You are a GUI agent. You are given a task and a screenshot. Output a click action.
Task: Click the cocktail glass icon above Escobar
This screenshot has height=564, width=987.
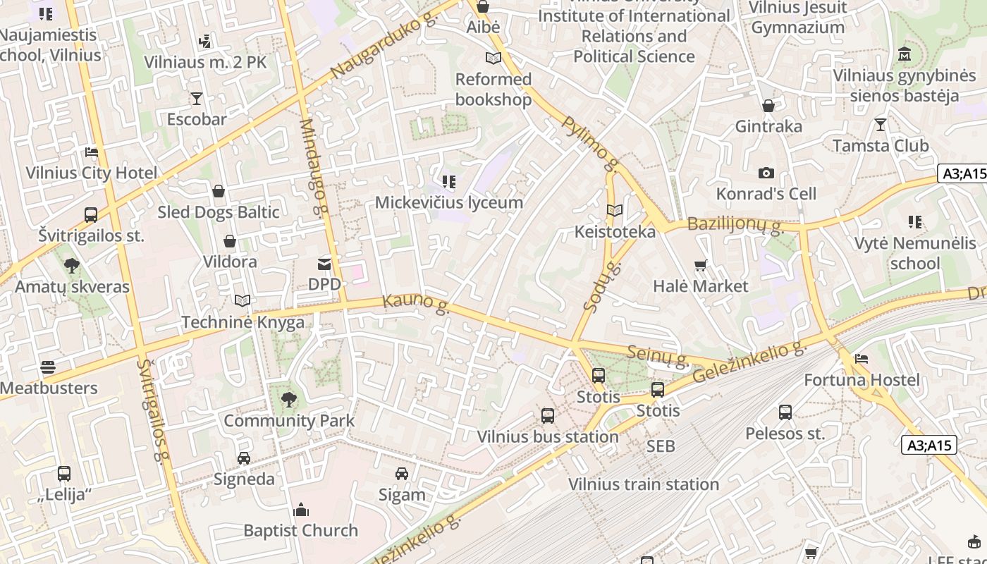tap(196, 99)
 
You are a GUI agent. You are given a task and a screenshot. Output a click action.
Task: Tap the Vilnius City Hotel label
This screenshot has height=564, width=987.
tap(92, 173)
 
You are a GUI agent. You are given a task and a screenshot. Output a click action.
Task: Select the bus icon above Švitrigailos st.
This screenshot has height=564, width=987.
tap(91, 215)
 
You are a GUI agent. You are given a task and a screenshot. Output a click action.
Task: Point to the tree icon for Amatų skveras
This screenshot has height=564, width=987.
tap(71, 266)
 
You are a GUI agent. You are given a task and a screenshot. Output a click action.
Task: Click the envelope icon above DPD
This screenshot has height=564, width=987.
tap(324, 264)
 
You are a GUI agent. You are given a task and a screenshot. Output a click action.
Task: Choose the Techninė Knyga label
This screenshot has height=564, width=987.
tap(243, 322)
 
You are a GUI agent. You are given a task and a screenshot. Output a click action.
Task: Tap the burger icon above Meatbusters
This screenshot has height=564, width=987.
tap(48, 367)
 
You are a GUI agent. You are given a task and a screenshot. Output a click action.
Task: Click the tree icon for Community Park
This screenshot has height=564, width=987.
tap(288, 400)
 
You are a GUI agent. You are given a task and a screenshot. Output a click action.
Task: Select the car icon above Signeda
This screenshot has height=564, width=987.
tap(244, 458)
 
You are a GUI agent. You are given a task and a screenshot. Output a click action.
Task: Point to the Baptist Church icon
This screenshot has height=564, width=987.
tap(301, 510)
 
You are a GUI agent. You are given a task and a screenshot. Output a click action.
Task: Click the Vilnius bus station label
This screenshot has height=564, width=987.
tap(548, 436)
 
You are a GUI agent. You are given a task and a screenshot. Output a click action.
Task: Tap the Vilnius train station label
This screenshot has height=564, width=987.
tap(644, 484)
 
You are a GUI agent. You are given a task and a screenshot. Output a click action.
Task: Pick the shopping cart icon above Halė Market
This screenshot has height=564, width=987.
tap(700, 266)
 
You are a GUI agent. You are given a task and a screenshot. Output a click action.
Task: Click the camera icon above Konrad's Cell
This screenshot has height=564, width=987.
tap(766, 173)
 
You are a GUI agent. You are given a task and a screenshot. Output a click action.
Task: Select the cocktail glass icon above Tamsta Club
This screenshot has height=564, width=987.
tap(881, 125)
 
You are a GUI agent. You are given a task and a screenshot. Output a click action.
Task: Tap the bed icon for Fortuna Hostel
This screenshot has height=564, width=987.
tap(861, 359)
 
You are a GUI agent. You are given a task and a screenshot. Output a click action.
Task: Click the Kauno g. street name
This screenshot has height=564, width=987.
tap(416, 304)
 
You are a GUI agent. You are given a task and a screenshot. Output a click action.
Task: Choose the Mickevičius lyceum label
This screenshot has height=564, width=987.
tap(449, 203)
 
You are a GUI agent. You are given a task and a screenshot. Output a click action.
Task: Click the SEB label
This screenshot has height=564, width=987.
tap(661, 446)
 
